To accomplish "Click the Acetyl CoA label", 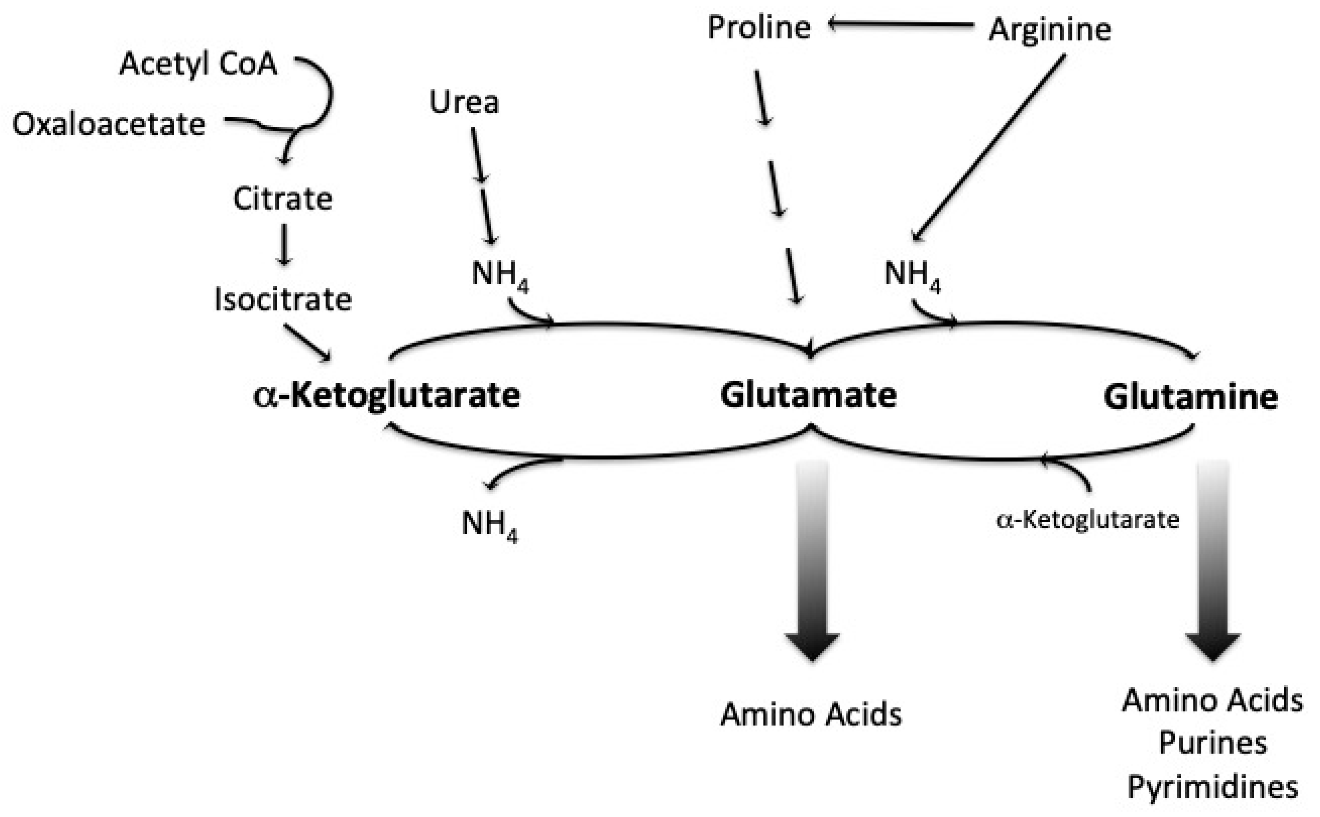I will click(198, 64).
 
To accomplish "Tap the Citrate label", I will click(283, 199).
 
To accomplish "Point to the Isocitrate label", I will click(283, 299).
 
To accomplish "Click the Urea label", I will click(464, 102).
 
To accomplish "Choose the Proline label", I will click(759, 28).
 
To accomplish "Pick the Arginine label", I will click(1049, 30).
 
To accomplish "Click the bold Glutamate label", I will click(808, 395).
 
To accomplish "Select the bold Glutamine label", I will click(1190, 397).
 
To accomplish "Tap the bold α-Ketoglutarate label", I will click(387, 395).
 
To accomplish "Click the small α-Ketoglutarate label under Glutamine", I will click(1087, 520).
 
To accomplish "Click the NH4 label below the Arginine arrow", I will click(912, 274).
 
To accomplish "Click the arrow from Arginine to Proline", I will click(901, 24).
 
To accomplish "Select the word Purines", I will click(1212, 743).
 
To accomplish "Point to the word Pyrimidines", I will click(1212, 787).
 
